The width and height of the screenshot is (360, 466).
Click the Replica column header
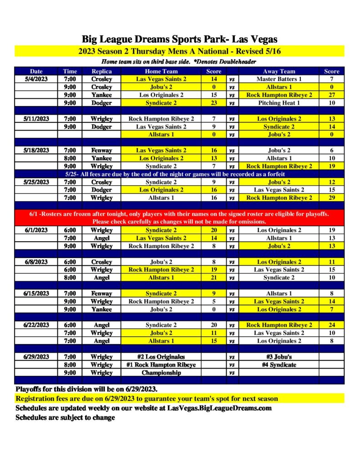[101, 71]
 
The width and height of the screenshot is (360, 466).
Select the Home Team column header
[161, 71]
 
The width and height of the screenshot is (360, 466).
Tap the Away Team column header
[279, 71]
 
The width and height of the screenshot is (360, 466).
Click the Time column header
[70, 71]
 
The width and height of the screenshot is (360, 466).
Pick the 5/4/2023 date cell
[36, 79]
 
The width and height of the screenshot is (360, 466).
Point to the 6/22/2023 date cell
[36, 325]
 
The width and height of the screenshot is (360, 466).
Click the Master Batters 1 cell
[279, 79]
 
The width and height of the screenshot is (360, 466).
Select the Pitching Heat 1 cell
[279, 103]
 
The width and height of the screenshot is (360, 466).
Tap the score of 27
[331, 95]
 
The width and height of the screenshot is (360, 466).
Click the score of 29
[331, 198]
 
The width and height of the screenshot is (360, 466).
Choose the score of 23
[214, 103]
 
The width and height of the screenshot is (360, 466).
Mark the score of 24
[331, 325]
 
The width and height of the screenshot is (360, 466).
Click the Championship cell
[161, 373]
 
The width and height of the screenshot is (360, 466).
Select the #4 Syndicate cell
[279, 365]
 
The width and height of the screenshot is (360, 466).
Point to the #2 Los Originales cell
[161, 357]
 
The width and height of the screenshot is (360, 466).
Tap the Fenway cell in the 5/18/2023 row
[101, 150]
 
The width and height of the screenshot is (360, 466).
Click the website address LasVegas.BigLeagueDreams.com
[219, 408]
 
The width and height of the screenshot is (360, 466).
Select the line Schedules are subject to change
[65, 417]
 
